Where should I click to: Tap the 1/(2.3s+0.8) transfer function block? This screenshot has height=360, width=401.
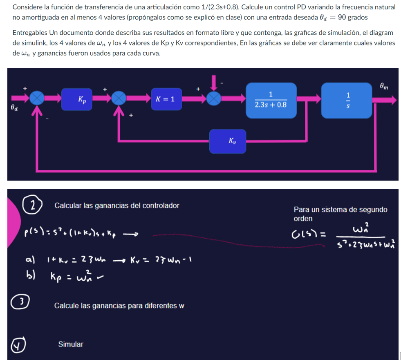click(x=271, y=100)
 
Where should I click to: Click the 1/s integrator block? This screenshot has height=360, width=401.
click(x=347, y=100)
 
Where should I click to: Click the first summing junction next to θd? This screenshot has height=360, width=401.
click(x=37, y=98)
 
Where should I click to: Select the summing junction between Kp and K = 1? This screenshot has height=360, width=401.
click(x=119, y=98)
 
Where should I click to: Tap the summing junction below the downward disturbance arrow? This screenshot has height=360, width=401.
click(x=213, y=98)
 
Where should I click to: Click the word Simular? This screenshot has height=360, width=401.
click(x=70, y=344)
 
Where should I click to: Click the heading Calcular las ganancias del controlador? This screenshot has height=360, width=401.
click(x=116, y=206)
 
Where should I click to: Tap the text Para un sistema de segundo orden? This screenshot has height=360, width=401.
click(x=340, y=214)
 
